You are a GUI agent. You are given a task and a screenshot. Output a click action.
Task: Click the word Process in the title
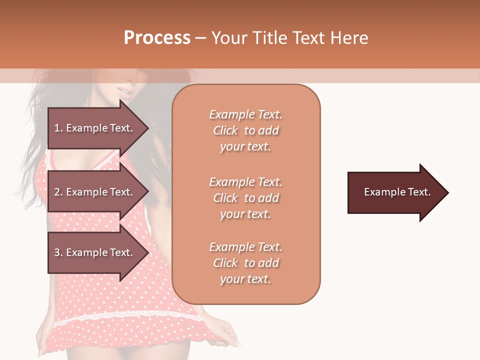157,38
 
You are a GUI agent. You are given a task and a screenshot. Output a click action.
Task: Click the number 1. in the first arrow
58,128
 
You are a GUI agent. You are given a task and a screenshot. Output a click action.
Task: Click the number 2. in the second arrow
58,192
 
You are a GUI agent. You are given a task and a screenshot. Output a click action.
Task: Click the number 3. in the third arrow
58,252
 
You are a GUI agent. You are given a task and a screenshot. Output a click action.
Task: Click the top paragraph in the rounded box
246,130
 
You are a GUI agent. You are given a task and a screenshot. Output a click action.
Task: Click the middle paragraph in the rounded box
246,198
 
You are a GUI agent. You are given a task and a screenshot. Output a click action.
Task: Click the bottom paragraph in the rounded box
246,263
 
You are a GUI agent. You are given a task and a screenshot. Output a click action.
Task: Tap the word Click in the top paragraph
225,130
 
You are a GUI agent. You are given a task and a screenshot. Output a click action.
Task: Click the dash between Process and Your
201,38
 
